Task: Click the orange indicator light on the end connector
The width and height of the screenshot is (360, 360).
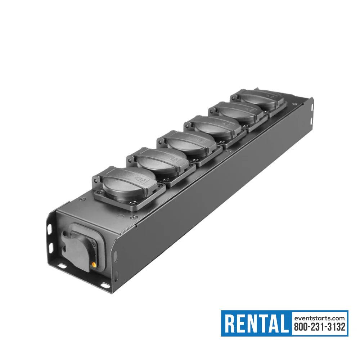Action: (x=94, y=265)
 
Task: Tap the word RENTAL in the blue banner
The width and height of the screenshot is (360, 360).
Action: (x=256, y=323)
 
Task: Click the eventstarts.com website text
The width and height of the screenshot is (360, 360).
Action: (x=319, y=318)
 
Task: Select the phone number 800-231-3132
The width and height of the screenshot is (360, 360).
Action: (x=320, y=327)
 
